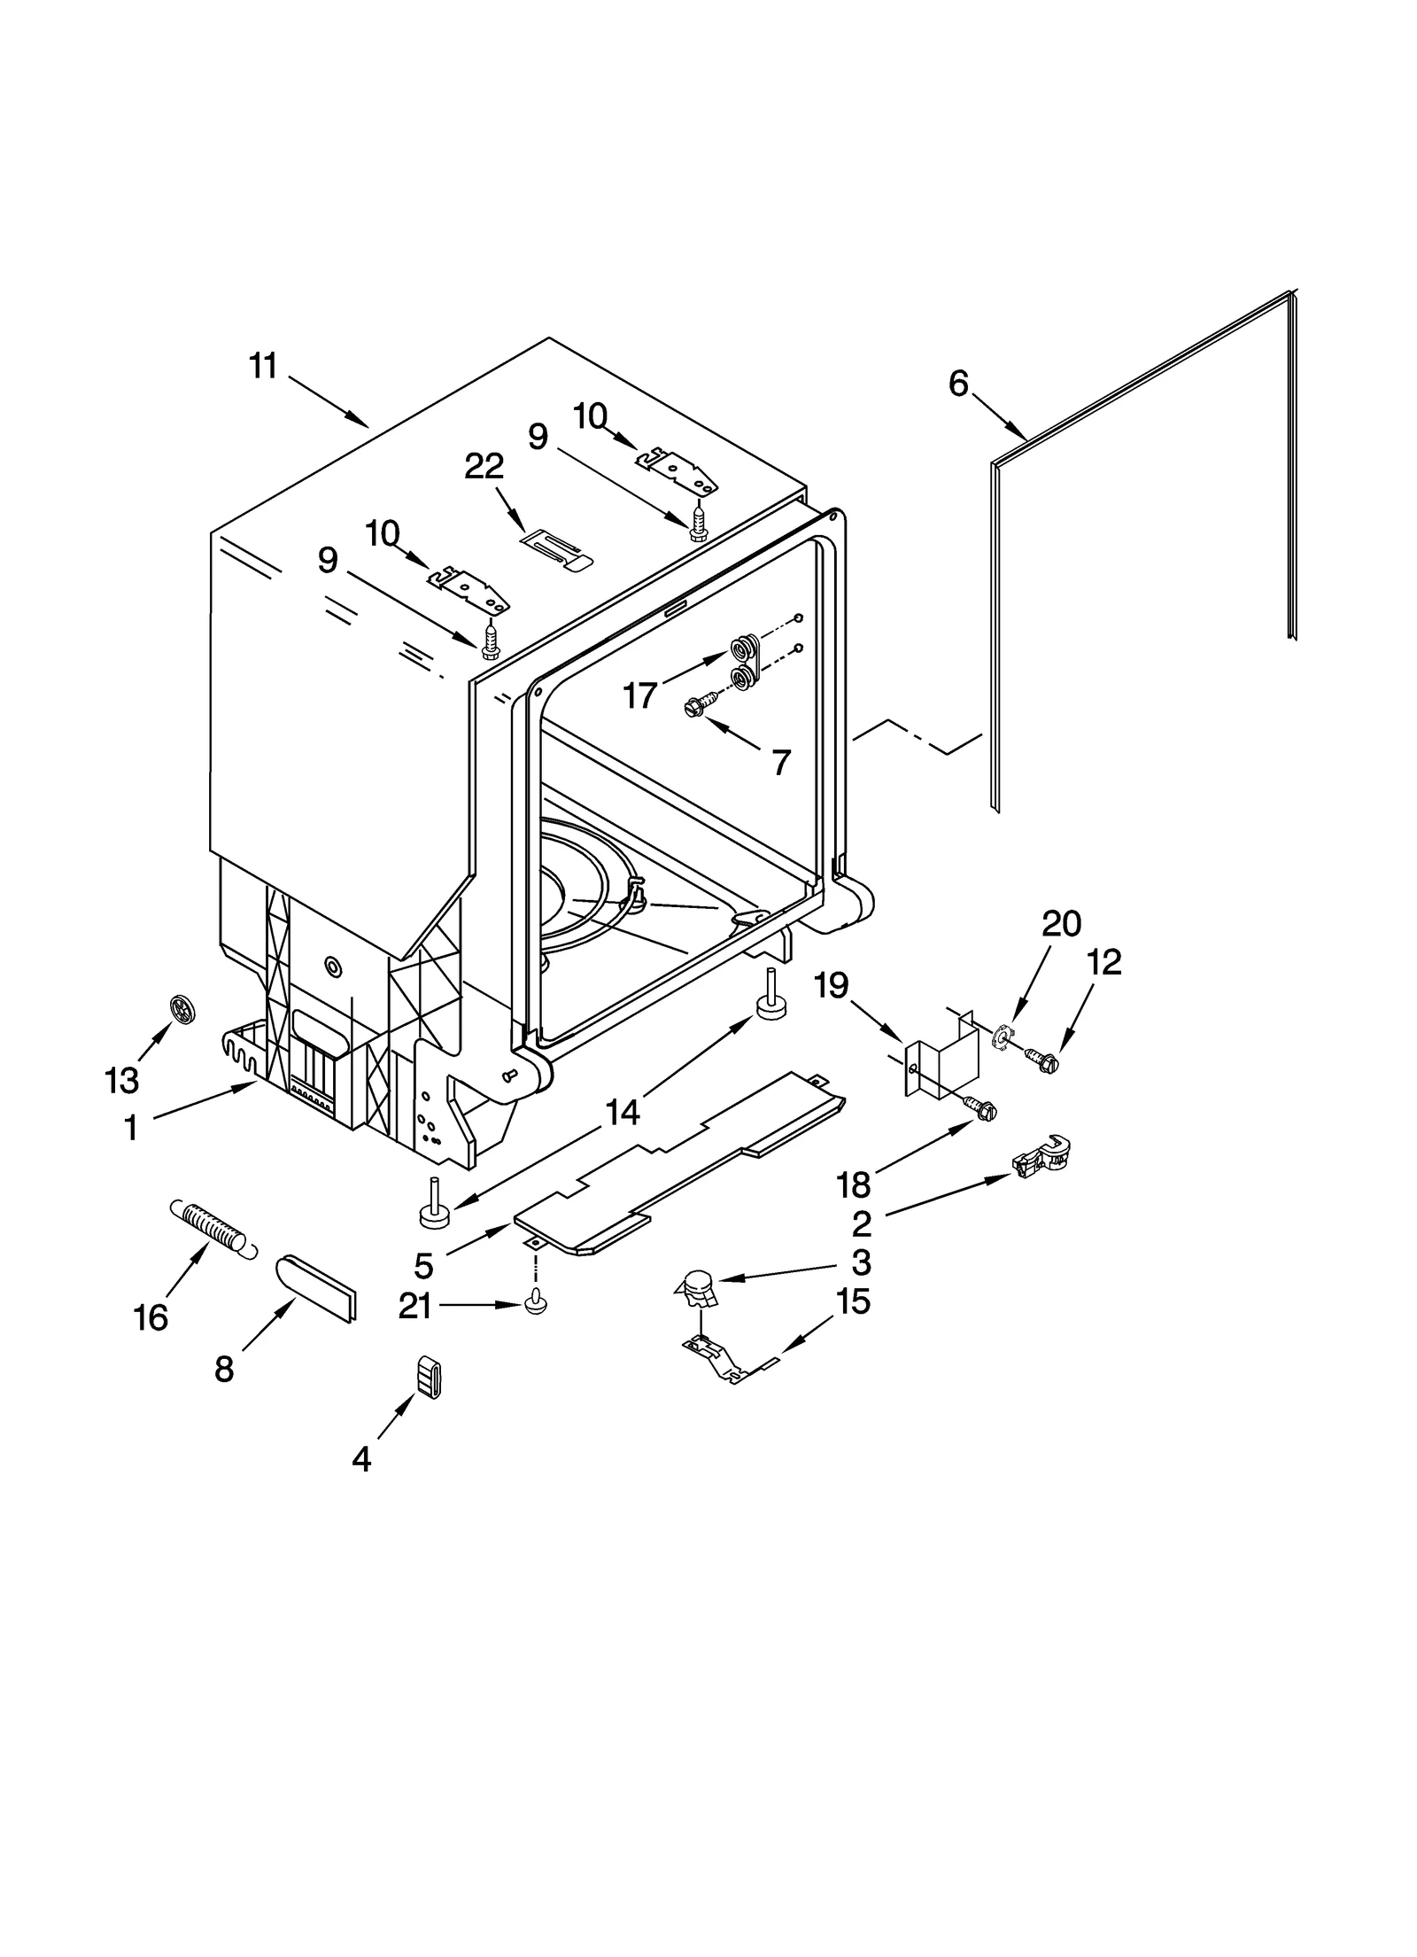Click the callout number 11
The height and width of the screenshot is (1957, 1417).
click(x=263, y=366)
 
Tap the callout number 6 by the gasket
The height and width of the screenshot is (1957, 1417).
click(x=958, y=384)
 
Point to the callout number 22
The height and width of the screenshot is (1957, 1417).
click(x=484, y=466)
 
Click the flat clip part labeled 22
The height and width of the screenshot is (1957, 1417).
click(x=556, y=547)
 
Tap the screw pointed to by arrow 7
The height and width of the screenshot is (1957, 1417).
click(x=696, y=706)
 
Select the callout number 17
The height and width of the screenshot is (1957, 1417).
click(x=639, y=695)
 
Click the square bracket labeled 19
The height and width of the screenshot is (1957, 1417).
click(x=943, y=1057)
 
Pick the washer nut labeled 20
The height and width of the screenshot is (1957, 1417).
click(x=1003, y=1036)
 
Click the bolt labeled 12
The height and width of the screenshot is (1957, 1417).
click(x=1041, y=1059)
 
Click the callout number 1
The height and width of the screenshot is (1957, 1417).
click(x=131, y=1128)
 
